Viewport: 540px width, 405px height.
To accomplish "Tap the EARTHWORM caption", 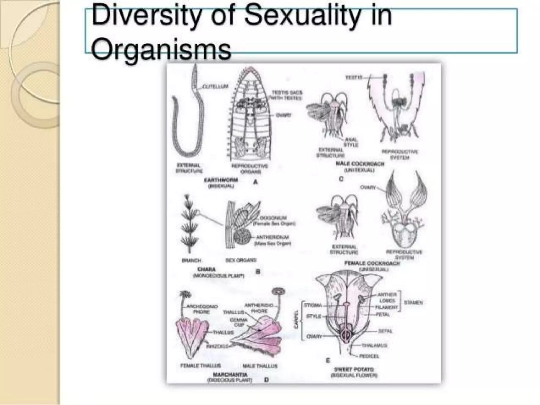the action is point(221,180).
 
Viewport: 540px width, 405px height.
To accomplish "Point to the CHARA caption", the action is point(206,269).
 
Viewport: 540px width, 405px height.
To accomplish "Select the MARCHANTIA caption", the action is point(230,374).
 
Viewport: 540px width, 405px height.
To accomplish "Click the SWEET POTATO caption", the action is point(354,369).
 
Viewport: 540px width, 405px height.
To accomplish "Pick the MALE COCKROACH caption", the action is point(360,164).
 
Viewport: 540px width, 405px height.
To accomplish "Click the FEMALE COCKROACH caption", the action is point(372,263).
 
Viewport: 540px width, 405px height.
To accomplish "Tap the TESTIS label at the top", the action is point(354,77).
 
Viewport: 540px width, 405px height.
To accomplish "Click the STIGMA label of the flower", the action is point(313,305).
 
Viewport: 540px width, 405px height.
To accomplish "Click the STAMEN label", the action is point(413,302).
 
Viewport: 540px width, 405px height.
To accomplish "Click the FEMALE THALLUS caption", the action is point(200,366).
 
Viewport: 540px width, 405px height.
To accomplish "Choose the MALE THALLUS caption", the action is point(260,366).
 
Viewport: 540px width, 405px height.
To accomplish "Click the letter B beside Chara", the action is point(258,272).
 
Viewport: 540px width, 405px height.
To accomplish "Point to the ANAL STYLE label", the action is point(351,142).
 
